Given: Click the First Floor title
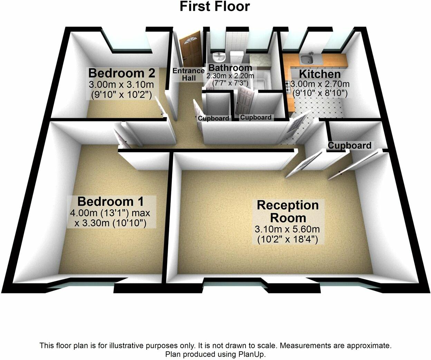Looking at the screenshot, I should pyautogui.click(x=214, y=7).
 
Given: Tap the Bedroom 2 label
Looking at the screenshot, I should pyautogui.click(x=122, y=73).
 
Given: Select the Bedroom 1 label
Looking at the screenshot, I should pyautogui.click(x=111, y=201).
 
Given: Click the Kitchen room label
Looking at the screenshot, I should pyautogui.click(x=319, y=74).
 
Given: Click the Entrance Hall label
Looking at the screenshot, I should pyautogui.click(x=189, y=74).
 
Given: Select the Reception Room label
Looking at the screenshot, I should pyautogui.click(x=288, y=211).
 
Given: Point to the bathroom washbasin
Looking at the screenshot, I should pyautogui.click(x=219, y=56).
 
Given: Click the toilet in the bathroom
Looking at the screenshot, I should pyautogui.click(x=237, y=57).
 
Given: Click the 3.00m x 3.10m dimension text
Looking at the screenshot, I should pyautogui.click(x=122, y=85).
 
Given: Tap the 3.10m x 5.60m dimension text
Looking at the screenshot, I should pyautogui.click(x=287, y=229).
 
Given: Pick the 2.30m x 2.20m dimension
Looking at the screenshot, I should pyautogui.click(x=230, y=76).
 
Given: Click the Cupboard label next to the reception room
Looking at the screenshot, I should pyautogui.click(x=349, y=145).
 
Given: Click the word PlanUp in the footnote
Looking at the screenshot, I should pyautogui.click(x=251, y=354).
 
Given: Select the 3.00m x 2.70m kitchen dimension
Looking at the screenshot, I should pyautogui.click(x=320, y=84).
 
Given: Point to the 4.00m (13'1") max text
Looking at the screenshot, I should pyautogui.click(x=110, y=213).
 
